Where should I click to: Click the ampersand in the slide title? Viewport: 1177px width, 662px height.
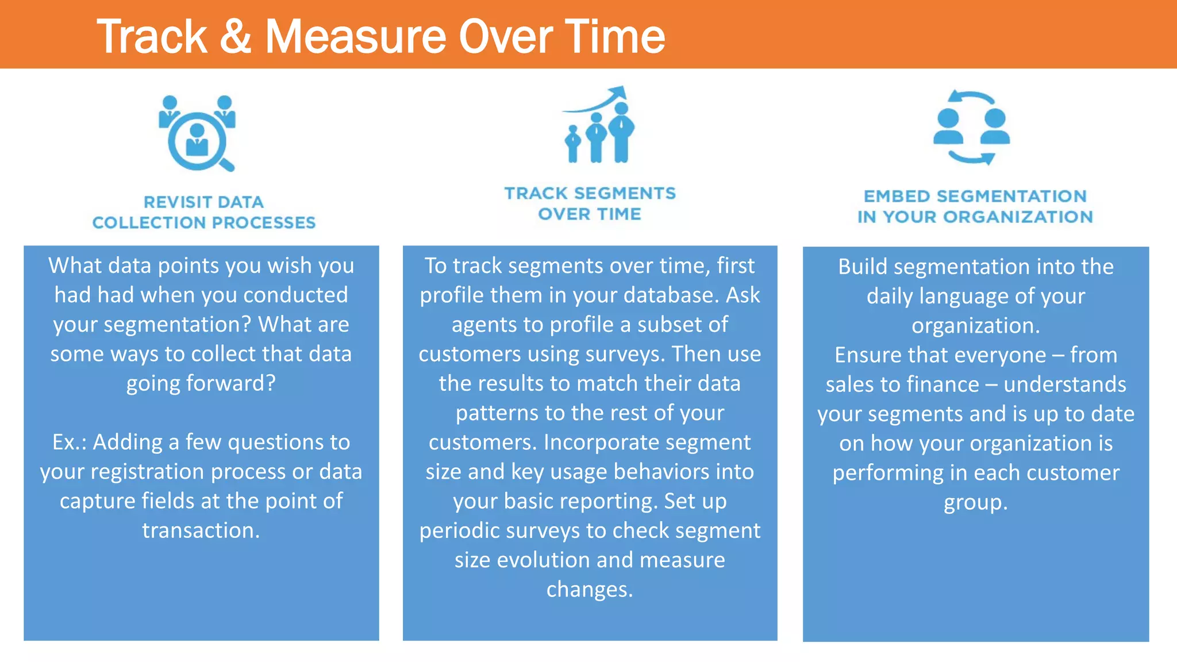[x=236, y=37]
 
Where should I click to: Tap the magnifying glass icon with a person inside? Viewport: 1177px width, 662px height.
[x=198, y=141]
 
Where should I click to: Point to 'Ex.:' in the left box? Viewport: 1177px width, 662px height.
[x=69, y=442]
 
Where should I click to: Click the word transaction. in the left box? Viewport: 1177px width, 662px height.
[x=201, y=530]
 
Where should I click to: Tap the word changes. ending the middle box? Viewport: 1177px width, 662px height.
[x=590, y=589]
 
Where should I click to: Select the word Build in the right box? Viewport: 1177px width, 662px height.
[x=863, y=267]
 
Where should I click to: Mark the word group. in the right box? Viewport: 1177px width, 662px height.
[x=975, y=502]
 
